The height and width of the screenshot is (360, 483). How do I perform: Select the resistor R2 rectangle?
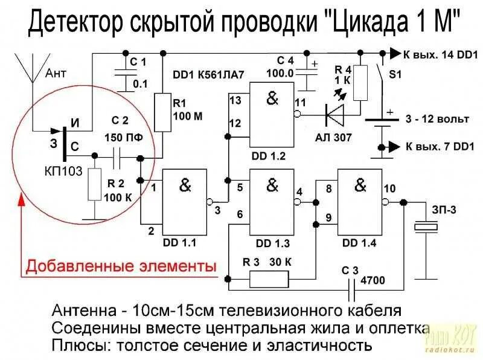(x=94, y=184)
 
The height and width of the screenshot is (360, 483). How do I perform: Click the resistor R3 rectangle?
(x=269, y=279)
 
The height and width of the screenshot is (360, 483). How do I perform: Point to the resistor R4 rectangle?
(x=360, y=83)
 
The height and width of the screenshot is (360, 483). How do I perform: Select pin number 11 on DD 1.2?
(x=300, y=102)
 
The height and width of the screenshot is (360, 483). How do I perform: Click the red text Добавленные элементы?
(x=120, y=266)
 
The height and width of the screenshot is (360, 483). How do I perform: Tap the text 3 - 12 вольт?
(x=438, y=119)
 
